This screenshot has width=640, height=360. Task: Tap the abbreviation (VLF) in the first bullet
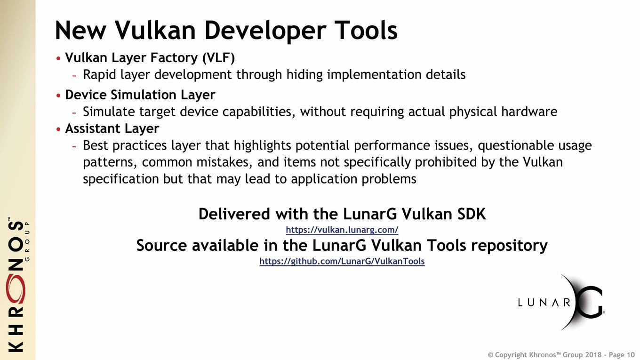click(x=218, y=58)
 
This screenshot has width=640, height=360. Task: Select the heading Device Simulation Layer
click(x=140, y=95)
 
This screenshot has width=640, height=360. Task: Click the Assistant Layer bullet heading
click(x=112, y=128)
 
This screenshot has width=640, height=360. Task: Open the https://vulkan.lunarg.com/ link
click(x=342, y=230)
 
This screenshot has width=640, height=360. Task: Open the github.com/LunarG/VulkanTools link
click(x=342, y=261)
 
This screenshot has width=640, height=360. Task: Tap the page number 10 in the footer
click(x=631, y=355)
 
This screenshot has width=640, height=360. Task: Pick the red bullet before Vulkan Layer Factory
click(x=58, y=58)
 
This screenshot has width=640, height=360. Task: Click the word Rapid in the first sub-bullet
click(x=99, y=75)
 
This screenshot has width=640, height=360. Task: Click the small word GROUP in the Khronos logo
click(x=27, y=241)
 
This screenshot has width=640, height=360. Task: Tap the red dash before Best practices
click(x=74, y=146)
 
